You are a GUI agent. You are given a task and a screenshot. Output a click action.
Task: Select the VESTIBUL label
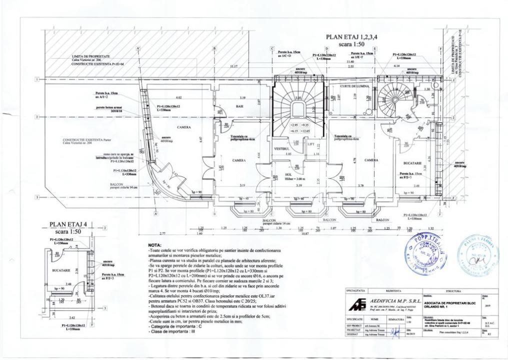click(x=282, y=148)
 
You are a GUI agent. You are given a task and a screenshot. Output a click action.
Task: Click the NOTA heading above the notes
click(x=155, y=245)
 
